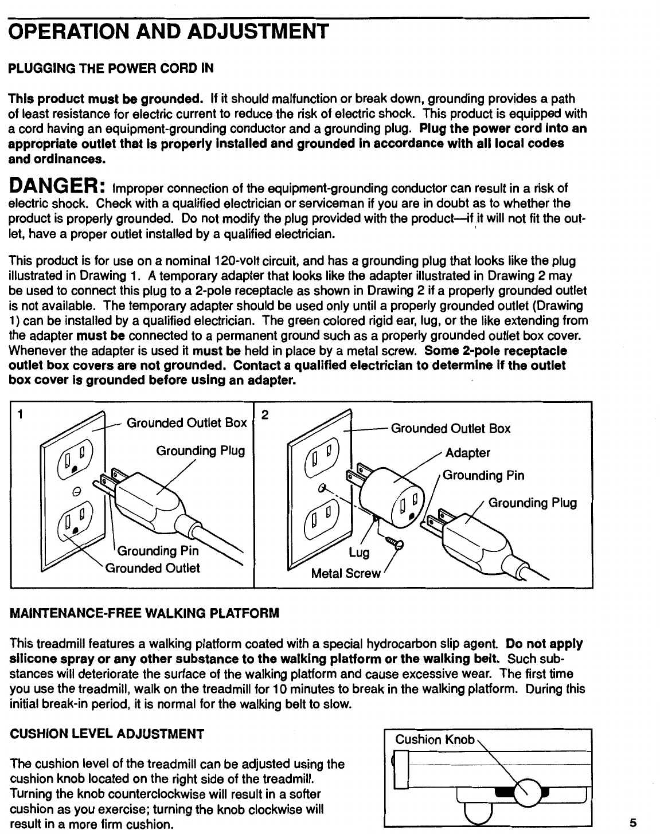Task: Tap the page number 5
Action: (632, 823)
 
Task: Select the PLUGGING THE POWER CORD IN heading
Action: (110, 69)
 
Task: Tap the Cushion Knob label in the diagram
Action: (435, 739)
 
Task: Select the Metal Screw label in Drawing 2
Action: (345, 573)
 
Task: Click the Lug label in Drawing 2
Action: (360, 553)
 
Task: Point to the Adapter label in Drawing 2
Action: (468, 453)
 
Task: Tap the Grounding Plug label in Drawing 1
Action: (201, 451)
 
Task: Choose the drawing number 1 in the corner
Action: (20, 413)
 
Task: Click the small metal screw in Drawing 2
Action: (396, 541)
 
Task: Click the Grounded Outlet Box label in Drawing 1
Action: (186, 423)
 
